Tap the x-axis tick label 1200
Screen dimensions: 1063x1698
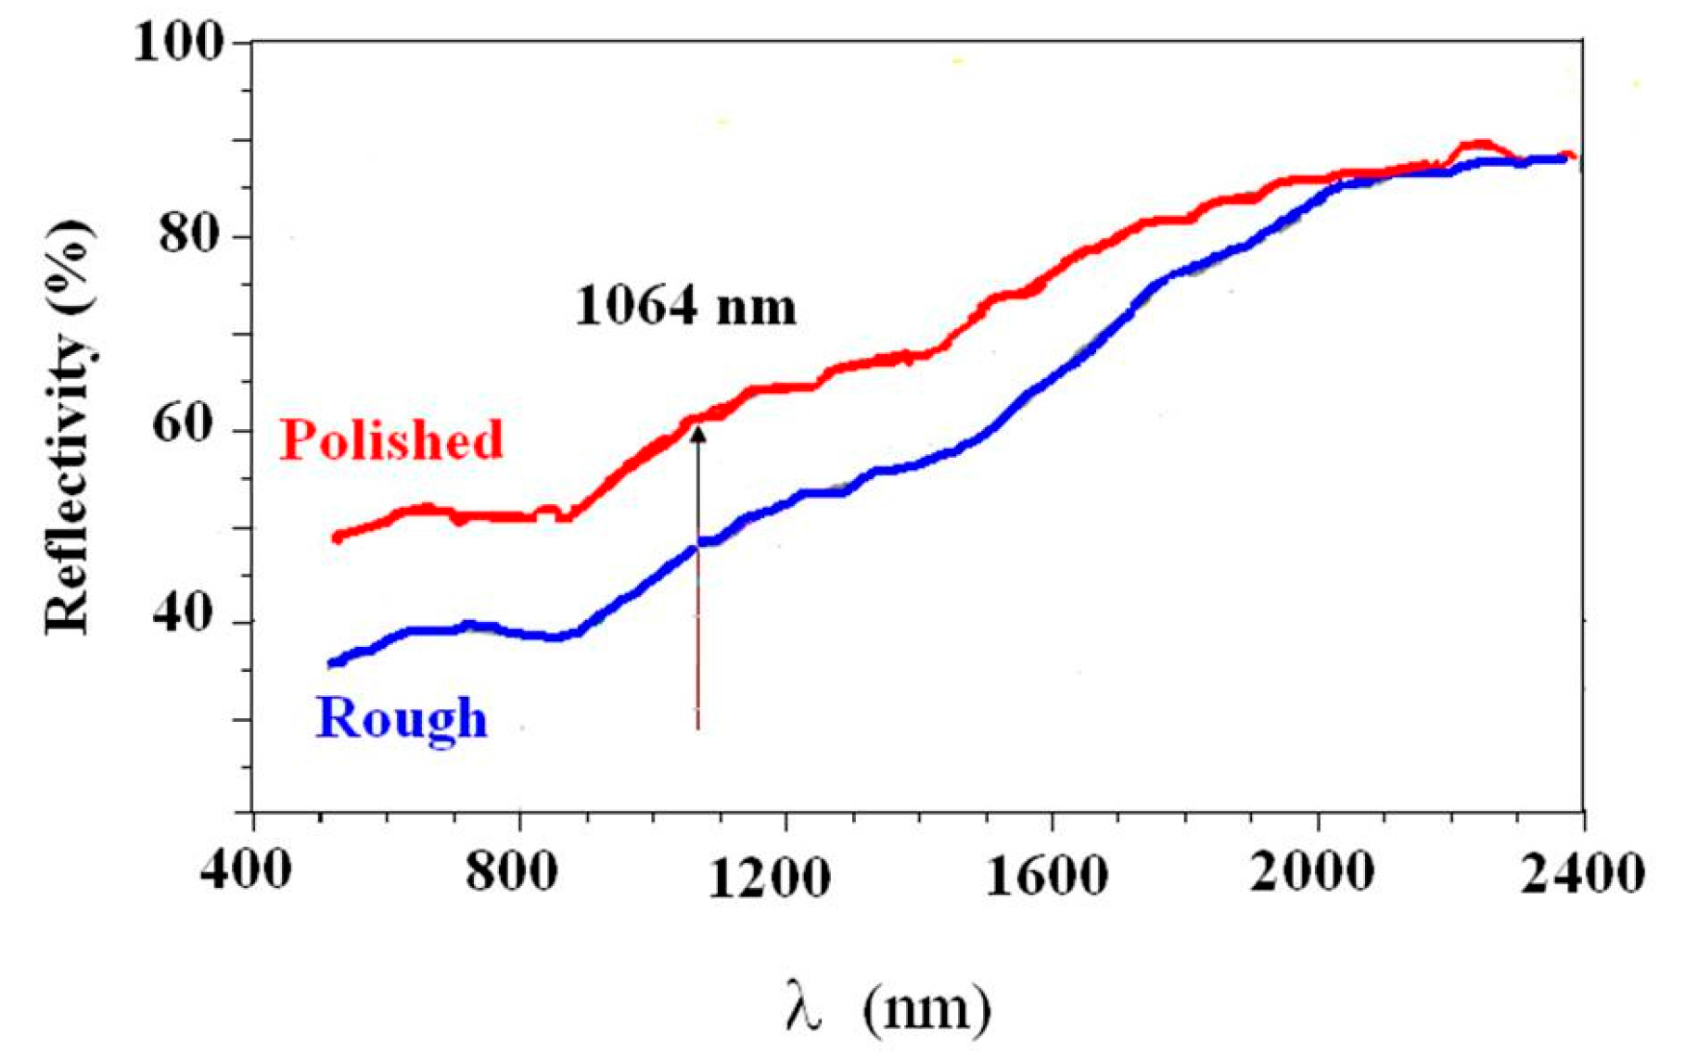[x=769, y=877]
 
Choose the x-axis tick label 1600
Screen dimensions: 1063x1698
[x=1046, y=876]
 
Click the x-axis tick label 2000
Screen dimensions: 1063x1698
[x=1311, y=871]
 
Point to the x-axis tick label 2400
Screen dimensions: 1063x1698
[x=1582, y=873]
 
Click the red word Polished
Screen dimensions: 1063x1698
[x=391, y=439]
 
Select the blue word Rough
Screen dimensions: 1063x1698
[x=402, y=718]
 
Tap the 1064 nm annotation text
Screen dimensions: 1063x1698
[x=685, y=307]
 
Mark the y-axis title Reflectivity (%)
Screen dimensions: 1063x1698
[x=69, y=426]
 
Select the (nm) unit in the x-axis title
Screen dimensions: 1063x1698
[x=926, y=1007]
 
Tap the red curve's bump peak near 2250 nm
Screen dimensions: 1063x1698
[x=1481, y=144]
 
